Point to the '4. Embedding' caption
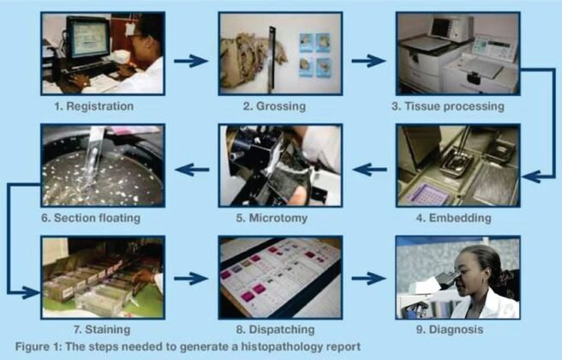click(458, 218)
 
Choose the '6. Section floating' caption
click(97, 218)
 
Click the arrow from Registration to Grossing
click(190, 61)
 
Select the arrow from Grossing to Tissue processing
click(368, 61)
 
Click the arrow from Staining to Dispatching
click(190, 279)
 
